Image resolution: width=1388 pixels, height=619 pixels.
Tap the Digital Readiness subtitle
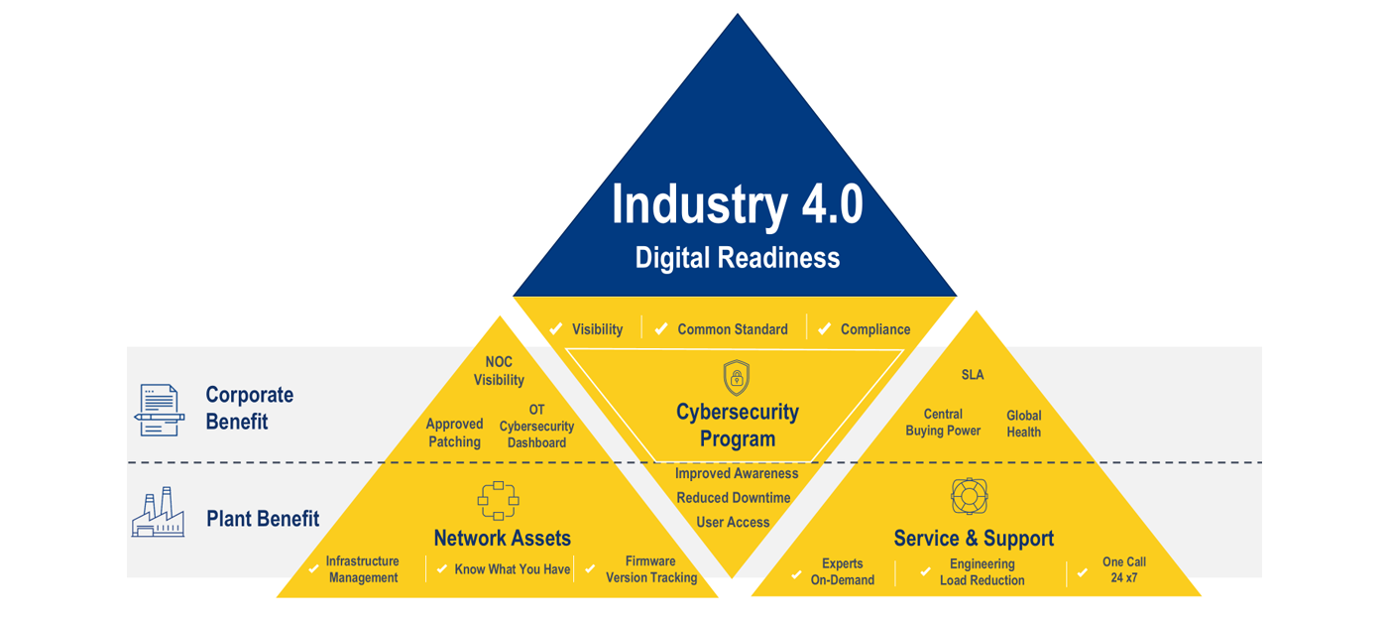pos(738,258)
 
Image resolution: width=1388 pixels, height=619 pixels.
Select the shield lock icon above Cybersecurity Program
pos(737,377)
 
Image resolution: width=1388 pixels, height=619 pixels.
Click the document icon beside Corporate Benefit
pos(160,410)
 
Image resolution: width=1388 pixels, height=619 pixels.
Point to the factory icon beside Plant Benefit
pos(158,512)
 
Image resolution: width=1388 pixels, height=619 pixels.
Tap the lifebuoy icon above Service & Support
pos(970,496)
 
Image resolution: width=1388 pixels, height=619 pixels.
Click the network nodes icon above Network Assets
pos(498,501)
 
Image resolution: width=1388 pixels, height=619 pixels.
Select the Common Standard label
pos(733,329)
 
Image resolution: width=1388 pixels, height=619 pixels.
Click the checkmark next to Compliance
pos(824,328)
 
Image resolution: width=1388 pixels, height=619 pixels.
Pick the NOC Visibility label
pos(499,371)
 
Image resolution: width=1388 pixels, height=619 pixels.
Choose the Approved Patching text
pos(454,433)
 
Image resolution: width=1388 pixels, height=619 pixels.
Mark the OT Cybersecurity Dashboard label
pos(536,427)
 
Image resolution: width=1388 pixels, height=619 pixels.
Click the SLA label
pos(973,375)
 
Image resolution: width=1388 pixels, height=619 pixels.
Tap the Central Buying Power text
pos(943,423)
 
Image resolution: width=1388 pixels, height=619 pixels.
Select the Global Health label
pos(1023,424)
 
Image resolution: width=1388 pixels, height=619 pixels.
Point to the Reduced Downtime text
pos(733,498)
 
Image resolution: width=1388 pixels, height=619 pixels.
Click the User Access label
pos(733,522)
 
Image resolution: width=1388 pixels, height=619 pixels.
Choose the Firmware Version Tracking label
pos(651,569)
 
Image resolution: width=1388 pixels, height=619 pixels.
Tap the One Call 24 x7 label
pos(1124,569)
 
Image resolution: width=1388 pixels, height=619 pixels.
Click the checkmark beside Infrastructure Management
pos(313,568)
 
